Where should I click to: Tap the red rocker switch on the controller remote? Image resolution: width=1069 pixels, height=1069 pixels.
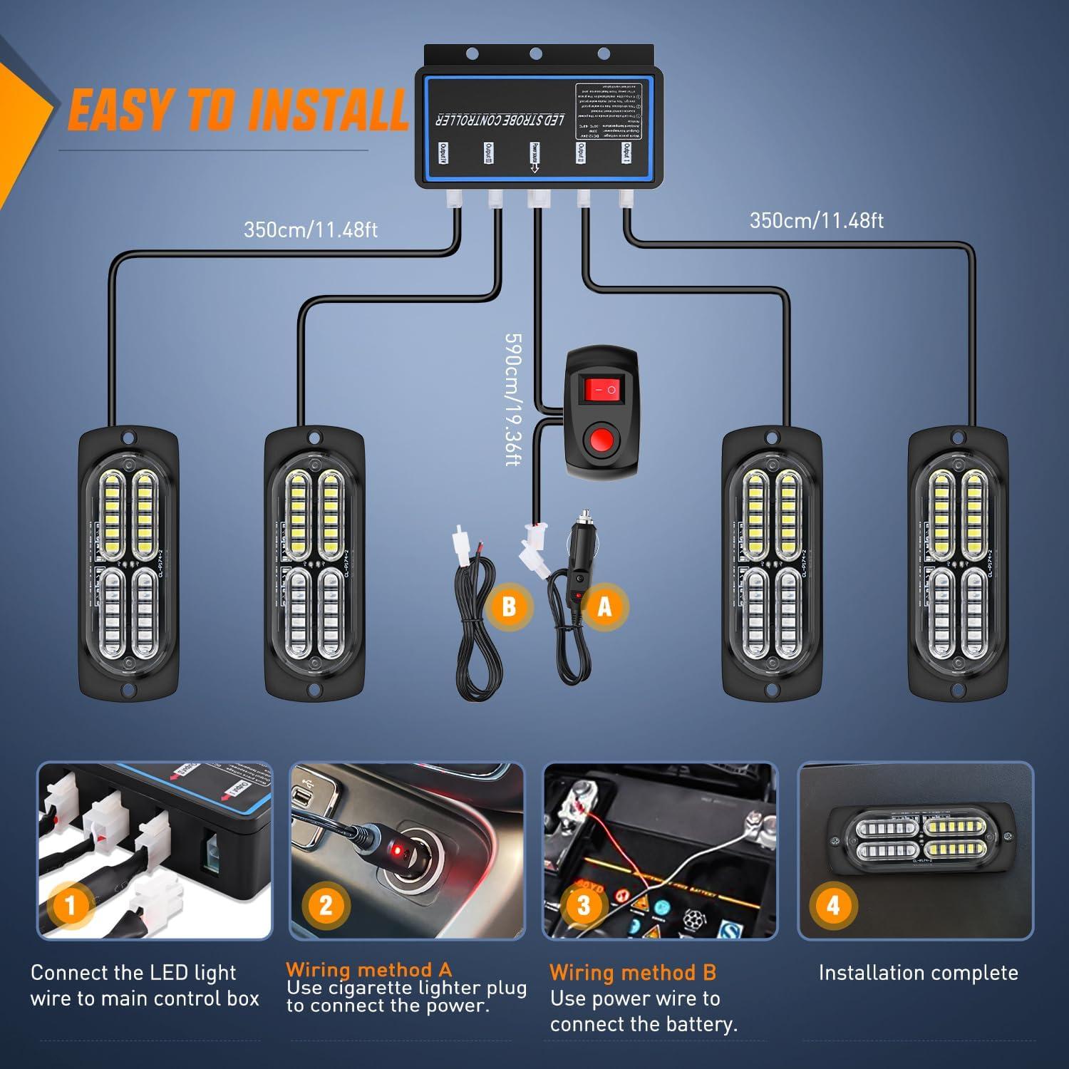point(599,389)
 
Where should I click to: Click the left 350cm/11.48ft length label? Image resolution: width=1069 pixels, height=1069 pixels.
point(311,229)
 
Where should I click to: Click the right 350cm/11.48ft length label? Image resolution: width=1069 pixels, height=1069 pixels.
point(817,220)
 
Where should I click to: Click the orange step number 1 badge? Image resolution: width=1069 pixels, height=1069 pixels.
point(71,906)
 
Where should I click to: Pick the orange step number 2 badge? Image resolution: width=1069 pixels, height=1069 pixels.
point(326,906)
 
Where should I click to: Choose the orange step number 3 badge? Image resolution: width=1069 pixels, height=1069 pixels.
point(584,906)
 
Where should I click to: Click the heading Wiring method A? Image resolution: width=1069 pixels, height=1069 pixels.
point(369,969)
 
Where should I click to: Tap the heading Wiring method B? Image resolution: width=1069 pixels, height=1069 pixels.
point(633,973)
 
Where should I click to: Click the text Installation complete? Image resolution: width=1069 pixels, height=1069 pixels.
point(918,973)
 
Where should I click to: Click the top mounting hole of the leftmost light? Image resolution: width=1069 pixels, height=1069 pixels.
point(128,437)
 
